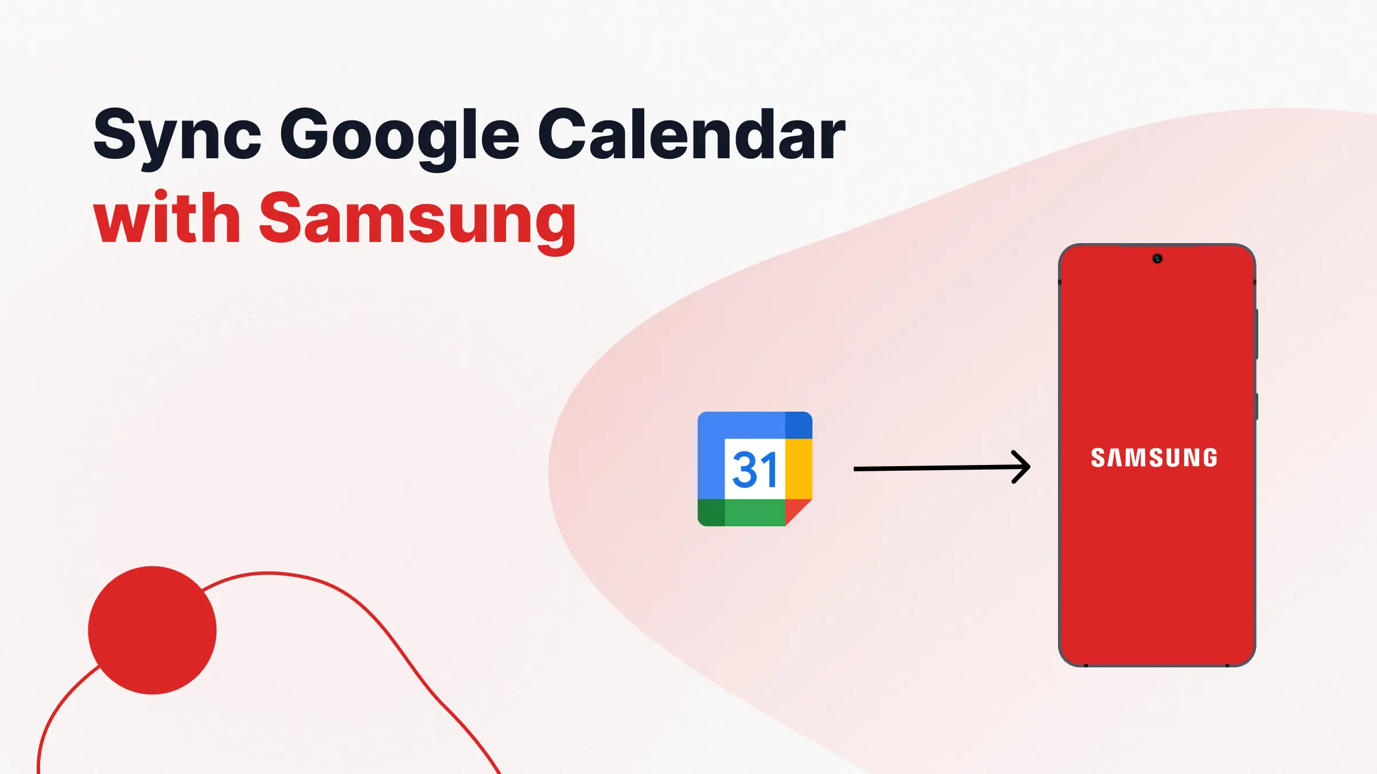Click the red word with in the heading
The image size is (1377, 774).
(166, 218)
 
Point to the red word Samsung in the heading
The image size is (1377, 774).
(417, 220)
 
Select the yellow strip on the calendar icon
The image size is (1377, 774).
(799, 469)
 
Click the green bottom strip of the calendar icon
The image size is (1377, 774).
(754, 513)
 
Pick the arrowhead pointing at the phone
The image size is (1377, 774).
(1021, 467)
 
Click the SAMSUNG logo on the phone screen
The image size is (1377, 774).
(1154, 458)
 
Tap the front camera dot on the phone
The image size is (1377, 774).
(1157, 259)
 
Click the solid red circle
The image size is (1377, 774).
(152, 630)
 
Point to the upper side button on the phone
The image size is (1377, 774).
(1257, 334)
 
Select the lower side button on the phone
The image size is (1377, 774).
(1257, 406)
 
